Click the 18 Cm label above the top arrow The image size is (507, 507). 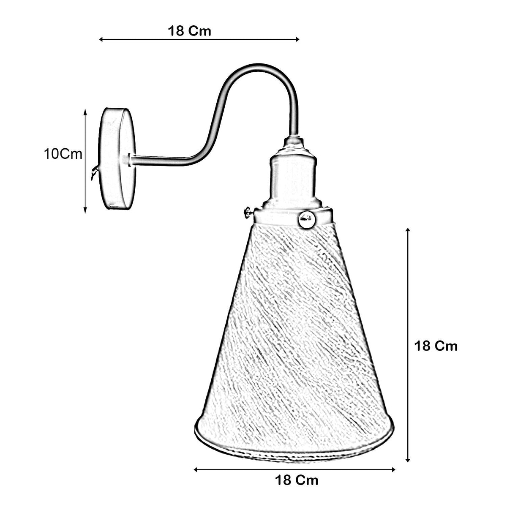(x=189, y=31)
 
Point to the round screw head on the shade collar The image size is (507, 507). (x=307, y=219)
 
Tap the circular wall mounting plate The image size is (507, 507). (x=117, y=159)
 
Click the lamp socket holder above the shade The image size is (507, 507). (x=292, y=174)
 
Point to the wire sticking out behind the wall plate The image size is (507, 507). (x=95, y=171)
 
